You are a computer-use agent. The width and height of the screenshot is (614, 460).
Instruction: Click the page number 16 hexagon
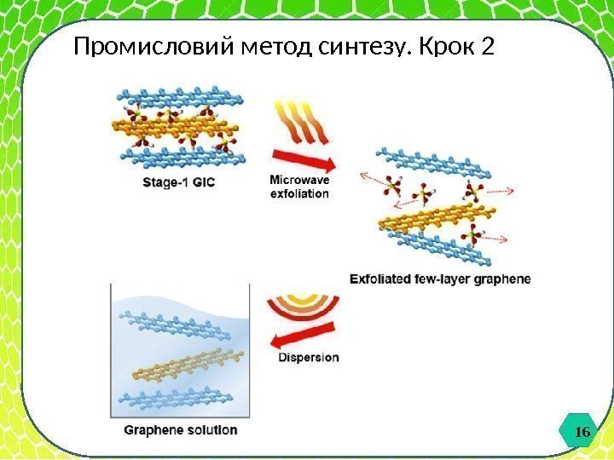point(582,433)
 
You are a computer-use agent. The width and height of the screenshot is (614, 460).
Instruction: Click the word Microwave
point(299,180)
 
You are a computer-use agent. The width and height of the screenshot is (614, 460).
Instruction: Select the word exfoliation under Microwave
point(299,193)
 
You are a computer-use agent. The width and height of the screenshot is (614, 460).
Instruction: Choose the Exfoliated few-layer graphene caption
point(440,279)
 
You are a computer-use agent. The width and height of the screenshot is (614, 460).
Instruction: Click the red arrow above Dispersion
point(298,341)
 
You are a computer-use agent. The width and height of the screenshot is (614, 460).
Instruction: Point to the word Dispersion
point(309,358)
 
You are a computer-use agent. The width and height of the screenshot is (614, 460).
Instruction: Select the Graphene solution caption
point(181,430)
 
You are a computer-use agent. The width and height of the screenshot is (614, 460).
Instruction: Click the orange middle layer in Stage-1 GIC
point(175,128)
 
